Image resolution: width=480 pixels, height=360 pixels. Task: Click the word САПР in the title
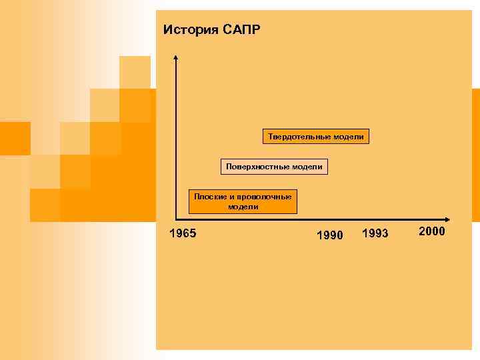tap(243, 30)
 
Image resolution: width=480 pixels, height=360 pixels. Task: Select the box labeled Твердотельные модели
tap(316, 137)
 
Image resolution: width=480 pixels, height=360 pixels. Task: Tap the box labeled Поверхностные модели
tap(274, 166)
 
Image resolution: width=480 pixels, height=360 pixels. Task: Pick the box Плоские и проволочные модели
tap(243, 201)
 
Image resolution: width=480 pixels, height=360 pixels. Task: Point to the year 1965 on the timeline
tap(182, 233)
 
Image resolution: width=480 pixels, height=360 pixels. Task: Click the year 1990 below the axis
tap(329, 235)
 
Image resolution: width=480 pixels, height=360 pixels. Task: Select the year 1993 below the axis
tap(375, 233)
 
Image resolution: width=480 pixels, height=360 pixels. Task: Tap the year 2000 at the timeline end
tap(432, 231)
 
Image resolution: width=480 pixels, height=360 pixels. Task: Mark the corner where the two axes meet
tap(176, 219)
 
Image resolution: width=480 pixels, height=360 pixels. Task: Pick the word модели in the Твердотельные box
tap(350, 137)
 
